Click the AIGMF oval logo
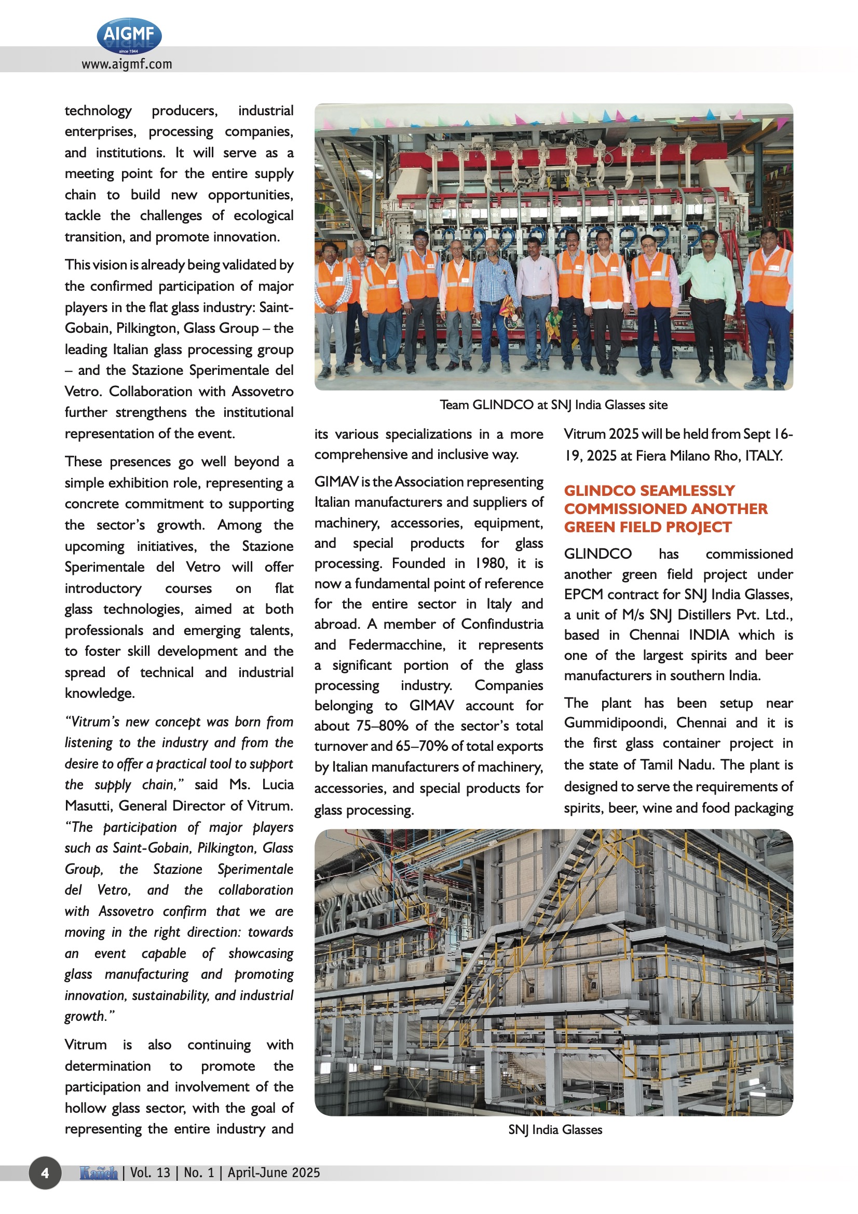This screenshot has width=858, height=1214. (129, 35)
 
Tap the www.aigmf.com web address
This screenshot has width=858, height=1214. (126, 64)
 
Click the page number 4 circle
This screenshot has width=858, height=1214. (45, 1173)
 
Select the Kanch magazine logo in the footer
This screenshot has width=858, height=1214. (98, 1173)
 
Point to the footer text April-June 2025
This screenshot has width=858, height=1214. (274, 1173)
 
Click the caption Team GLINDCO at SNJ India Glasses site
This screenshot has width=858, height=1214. (553, 405)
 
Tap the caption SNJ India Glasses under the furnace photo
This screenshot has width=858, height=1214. (555, 1130)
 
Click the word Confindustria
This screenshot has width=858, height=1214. (502, 625)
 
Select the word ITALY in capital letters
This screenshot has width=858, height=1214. (764, 456)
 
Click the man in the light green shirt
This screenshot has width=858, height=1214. (707, 296)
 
